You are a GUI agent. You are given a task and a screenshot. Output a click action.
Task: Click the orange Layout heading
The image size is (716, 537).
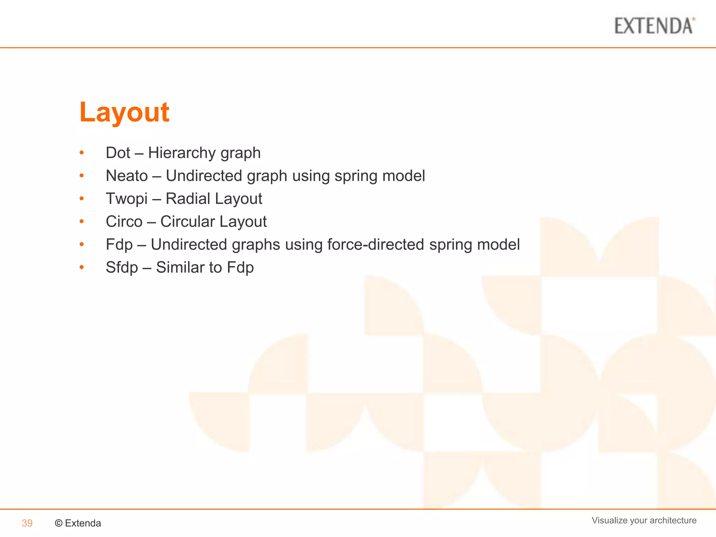click(124, 112)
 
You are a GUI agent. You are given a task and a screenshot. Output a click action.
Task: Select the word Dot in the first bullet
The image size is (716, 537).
click(118, 153)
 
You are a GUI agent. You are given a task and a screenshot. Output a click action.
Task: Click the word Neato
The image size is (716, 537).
click(127, 176)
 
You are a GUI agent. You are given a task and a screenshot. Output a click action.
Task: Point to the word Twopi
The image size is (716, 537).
click(127, 199)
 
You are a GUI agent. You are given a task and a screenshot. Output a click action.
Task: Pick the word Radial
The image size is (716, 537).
click(188, 199)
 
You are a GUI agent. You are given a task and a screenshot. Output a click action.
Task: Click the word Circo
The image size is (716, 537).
click(124, 222)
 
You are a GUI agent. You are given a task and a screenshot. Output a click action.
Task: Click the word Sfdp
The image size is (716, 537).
click(122, 267)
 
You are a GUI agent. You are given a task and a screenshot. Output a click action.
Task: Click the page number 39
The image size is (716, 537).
click(27, 523)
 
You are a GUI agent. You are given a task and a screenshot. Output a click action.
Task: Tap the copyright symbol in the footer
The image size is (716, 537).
click(59, 523)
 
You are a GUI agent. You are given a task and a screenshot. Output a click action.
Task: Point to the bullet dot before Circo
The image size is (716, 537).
click(81, 221)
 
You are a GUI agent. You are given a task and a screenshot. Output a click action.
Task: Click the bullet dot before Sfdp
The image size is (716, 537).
click(81, 267)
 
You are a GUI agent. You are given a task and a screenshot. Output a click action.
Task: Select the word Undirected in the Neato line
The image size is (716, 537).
click(204, 176)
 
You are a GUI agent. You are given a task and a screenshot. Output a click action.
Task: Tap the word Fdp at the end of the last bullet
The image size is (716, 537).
click(240, 267)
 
